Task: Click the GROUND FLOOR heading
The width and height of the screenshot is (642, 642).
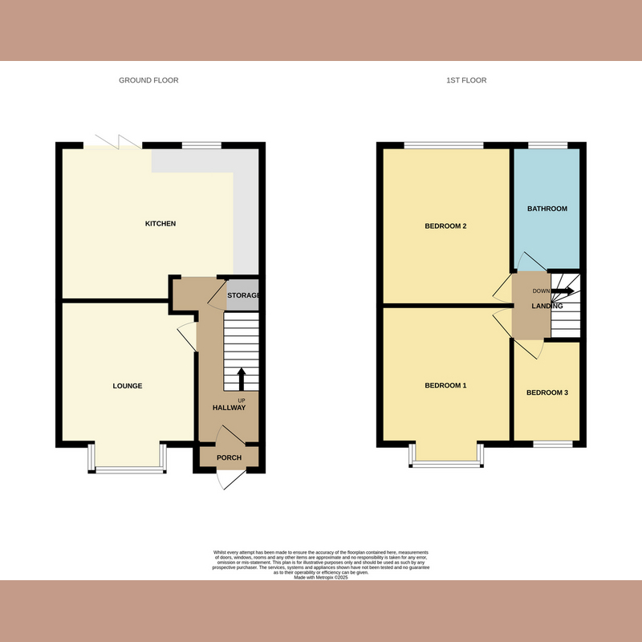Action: pyautogui.click(x=148, y=80)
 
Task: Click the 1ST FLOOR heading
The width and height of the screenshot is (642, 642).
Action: pyautogui.click(x=467, y=80)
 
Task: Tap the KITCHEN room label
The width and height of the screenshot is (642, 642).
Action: pyautogui.click(x=160, y=224)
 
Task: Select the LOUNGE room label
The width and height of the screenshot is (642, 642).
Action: pyautogui.click(x=127, y=386)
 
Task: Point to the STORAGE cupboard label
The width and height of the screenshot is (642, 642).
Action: pyautogui.click(x=244, y=296)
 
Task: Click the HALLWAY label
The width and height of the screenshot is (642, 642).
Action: pyautogui.click(x=229, y=408)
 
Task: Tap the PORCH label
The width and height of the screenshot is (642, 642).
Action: pyautogui.click(x=229, y=458)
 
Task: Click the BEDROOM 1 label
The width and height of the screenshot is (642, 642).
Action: pyautogui.click(x=445, y=386)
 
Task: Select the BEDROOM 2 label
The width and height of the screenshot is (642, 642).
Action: pyautogui.click(x=445, y=226)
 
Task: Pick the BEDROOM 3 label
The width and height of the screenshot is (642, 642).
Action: pyautogui.click(x=547, y=393)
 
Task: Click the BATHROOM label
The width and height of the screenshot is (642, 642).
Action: pyautogui.click(x=547, y=209)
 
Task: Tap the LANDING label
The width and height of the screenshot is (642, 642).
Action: pyautogui.click(x=547, y=307)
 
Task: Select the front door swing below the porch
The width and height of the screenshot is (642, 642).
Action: pyautogui.click(x=230, y=478)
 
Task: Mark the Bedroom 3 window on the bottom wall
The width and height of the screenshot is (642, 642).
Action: pyautogui.click(x=553, y=444)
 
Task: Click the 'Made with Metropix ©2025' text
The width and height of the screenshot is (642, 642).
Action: pyautogui.click(x=320, y=577)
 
